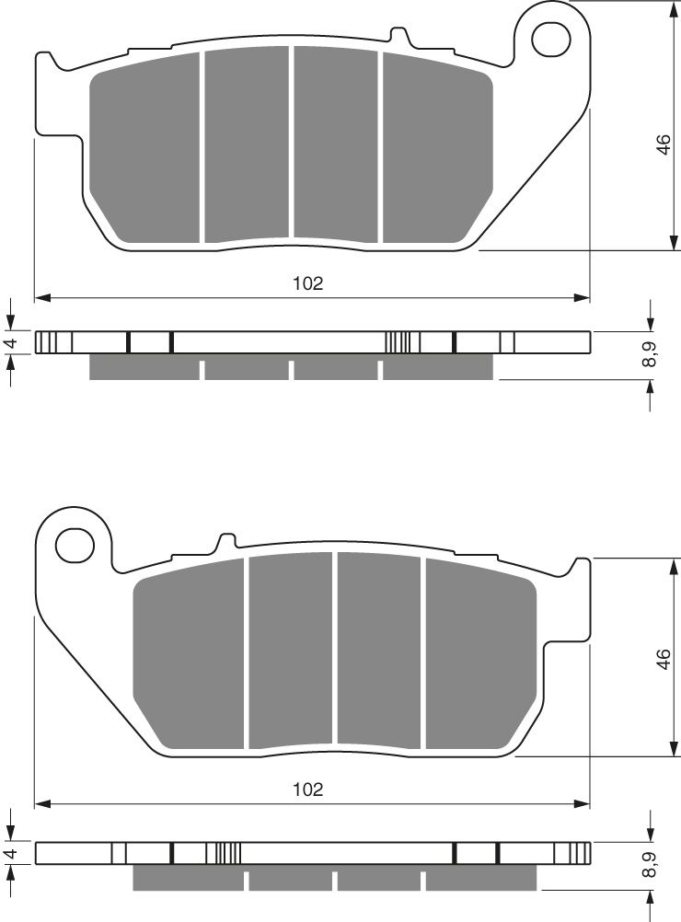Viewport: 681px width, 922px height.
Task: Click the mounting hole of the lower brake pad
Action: click(x=75, y=545)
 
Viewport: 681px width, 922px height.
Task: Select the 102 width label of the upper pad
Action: click(x=308, y=284)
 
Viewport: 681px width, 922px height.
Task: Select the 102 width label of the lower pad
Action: click(x=308, y=789)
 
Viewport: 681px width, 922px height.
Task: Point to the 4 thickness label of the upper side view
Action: click(x=12, y=343)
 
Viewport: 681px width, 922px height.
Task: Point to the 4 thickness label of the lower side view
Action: click(x=12, y=854)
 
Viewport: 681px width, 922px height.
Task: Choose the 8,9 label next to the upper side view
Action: click(x=652, y=354)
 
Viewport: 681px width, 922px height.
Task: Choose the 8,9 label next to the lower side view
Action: click(x=652, y=865)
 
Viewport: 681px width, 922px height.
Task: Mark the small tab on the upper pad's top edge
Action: click(x=399, y=37)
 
